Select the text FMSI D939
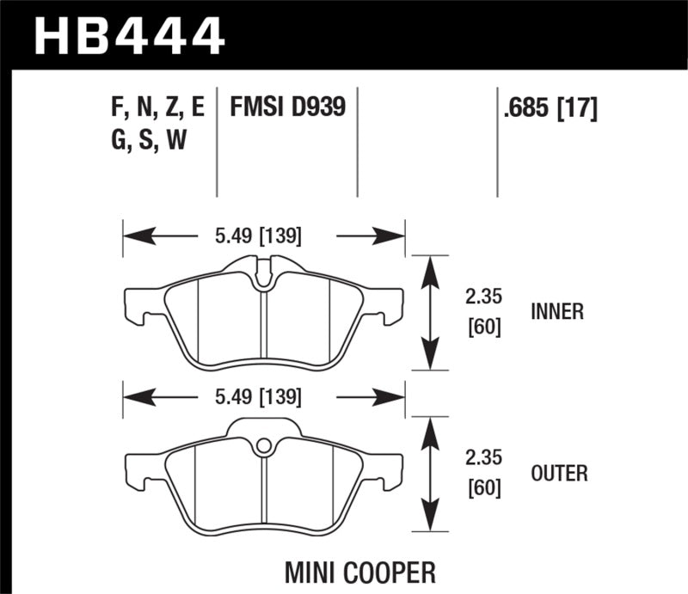287,108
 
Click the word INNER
556,312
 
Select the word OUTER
559,473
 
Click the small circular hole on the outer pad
265,445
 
